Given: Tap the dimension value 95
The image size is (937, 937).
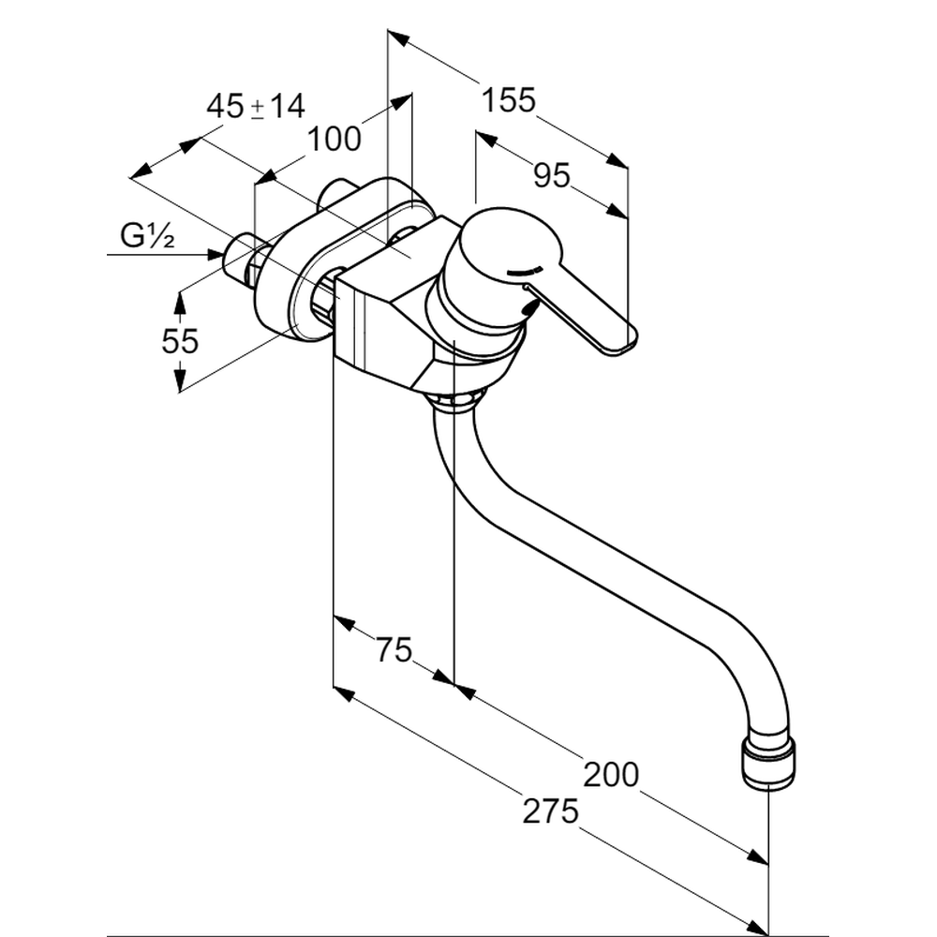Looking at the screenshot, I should click(550, 174).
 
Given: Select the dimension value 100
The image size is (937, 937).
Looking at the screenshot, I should click(335, 139).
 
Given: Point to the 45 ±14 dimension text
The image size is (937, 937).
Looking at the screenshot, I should click(256, 106).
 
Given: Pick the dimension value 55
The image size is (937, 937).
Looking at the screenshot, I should click(180, 341).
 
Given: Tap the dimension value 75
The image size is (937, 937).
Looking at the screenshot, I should click(394, 648).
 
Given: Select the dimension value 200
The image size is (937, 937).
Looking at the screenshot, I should click(610, 774).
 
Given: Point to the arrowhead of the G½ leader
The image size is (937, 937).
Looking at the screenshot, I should click(214, 253).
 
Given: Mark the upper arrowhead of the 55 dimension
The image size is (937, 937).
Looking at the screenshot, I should click(180, 298).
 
